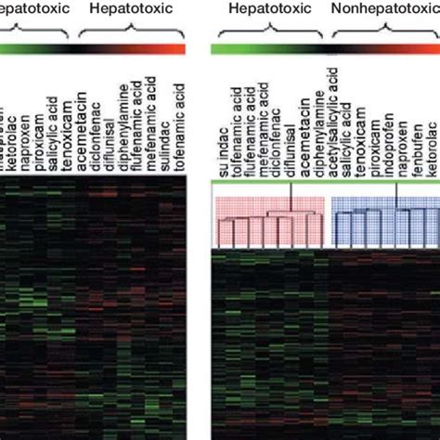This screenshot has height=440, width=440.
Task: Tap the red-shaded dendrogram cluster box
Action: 269,222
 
